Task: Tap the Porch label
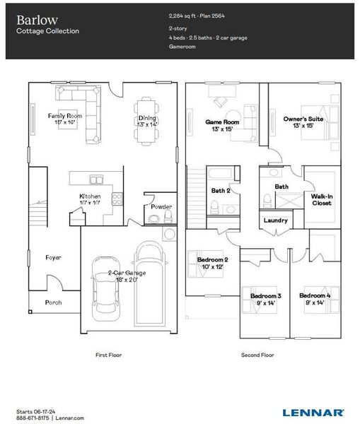tap(53, 302)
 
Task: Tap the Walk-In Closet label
tap(322, 199)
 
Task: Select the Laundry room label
tap(276, 220)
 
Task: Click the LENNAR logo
tap(313, 412)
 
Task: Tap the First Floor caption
tap(108, 355)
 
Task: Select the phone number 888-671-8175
tap(33, 418)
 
